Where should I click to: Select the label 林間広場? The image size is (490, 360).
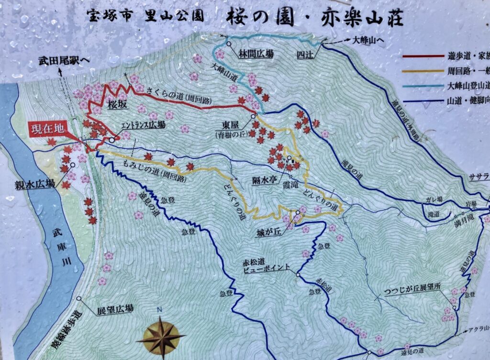[256, 55]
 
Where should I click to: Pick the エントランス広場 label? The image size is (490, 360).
[143, 125]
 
